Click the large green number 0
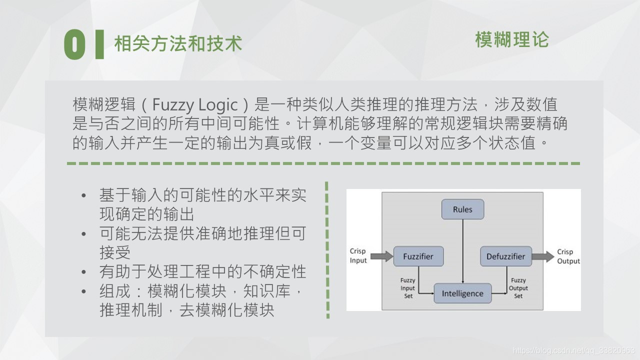[x=74, y=44]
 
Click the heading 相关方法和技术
[x=178, y=44]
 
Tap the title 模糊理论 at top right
[x=511, y=40]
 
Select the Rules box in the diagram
[x=462, y=209]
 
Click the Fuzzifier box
[x=418, y=256]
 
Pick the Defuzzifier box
[x=505, y=256]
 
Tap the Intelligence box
[x=462, y=293]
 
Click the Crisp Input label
[x=358, y=255]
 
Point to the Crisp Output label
[x=568, y=256]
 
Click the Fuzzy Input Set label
[x=408, y=288]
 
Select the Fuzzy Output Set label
[x=518, y=288]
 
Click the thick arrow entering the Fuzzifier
[x=383, y=256]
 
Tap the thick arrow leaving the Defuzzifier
[x=542, y=256]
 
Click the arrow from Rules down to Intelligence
[x=463, y=250]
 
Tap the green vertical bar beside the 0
[x=99, y=44]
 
